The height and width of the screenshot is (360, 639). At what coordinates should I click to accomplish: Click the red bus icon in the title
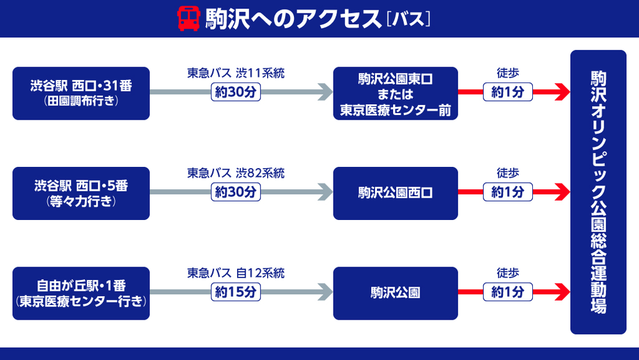tap(187, 19)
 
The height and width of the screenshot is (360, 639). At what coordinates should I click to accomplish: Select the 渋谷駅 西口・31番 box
tap(81, 93)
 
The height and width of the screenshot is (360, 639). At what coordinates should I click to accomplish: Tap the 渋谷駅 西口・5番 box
tap(81, 193)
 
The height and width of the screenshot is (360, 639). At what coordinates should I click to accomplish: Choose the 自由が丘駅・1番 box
tap(81, 293)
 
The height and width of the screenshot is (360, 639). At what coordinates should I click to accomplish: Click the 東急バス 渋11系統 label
tap(235, 74)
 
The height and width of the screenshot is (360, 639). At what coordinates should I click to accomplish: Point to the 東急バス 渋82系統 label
tap(235, 173)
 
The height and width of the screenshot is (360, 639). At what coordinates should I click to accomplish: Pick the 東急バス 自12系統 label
tap(235, 273)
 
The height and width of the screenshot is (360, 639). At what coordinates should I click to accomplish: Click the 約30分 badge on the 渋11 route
tap(235, 93)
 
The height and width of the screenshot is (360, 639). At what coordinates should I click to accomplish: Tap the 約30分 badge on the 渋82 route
tap(235, 192)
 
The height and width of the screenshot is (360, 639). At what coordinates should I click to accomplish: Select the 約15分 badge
tap(235, 292)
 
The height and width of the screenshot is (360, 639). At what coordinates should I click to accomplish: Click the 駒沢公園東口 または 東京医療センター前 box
tap(396, 93)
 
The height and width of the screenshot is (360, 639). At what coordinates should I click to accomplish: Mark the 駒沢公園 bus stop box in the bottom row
tap(396, 293)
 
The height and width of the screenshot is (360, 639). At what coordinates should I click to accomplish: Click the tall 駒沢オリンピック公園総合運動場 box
tap(598, 192)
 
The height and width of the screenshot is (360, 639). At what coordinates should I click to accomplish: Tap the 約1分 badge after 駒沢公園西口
tap(507, 192)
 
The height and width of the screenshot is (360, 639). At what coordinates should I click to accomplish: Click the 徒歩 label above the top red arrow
tap(507, 74)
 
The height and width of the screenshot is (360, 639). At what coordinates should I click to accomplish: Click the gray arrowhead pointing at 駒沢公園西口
tap(325, 192)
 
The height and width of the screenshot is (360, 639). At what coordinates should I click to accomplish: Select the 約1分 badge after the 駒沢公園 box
tap(507, 292)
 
